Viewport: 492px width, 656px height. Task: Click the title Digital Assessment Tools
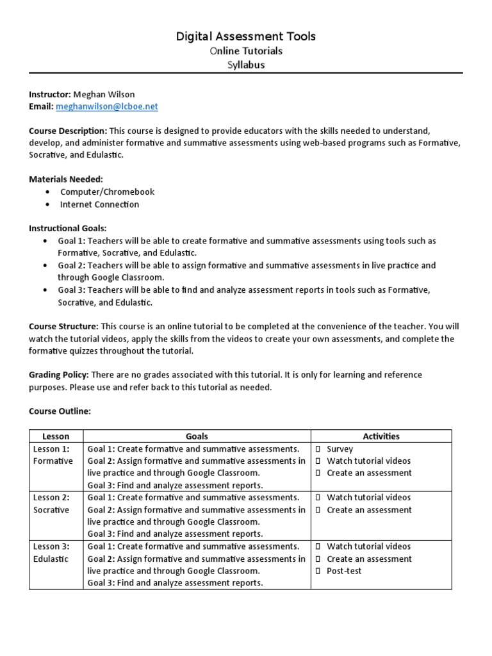pyautogui.click(x=246, y=37)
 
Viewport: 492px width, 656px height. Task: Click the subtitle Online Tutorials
pyautogui.click(x=246, y=51)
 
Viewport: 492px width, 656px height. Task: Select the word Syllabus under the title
pyautogui.click(x=246, y=65)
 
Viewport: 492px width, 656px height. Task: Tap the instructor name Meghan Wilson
pyautogui.click(x=104, y=94)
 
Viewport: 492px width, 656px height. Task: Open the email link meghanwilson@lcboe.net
pyautogui.click(x=106, y=106)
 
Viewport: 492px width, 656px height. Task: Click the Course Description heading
pyautogui.click(x=68, y=131)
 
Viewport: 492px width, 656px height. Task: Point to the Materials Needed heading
pyautogui.click(x=66, y=179)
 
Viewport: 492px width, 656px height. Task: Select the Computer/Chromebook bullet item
pyautogui.click(x=107, y=192)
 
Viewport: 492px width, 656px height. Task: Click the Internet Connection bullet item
pyautogui.click(x=99, y=204)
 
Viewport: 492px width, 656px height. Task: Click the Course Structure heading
pyautogui.click(x=63, y=326)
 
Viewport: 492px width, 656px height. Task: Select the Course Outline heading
pyautogui.click(x=60, y=411)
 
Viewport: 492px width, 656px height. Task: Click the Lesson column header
pyautogui.click(x=56, y=436)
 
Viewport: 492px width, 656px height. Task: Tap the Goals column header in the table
pyautogui.click(x=197, y=436)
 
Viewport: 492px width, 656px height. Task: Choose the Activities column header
pyautogui.click(x=381, y=436)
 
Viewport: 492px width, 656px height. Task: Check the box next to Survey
pyautogui.click(x=318, y=449)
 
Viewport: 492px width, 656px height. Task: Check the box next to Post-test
pyautogui.click(x=318, y=571)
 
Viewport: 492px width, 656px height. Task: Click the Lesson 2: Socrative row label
pyautogui.click(x=53, y=504)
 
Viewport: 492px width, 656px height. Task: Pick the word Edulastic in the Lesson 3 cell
pyautogui.click(x=51, y=559)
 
